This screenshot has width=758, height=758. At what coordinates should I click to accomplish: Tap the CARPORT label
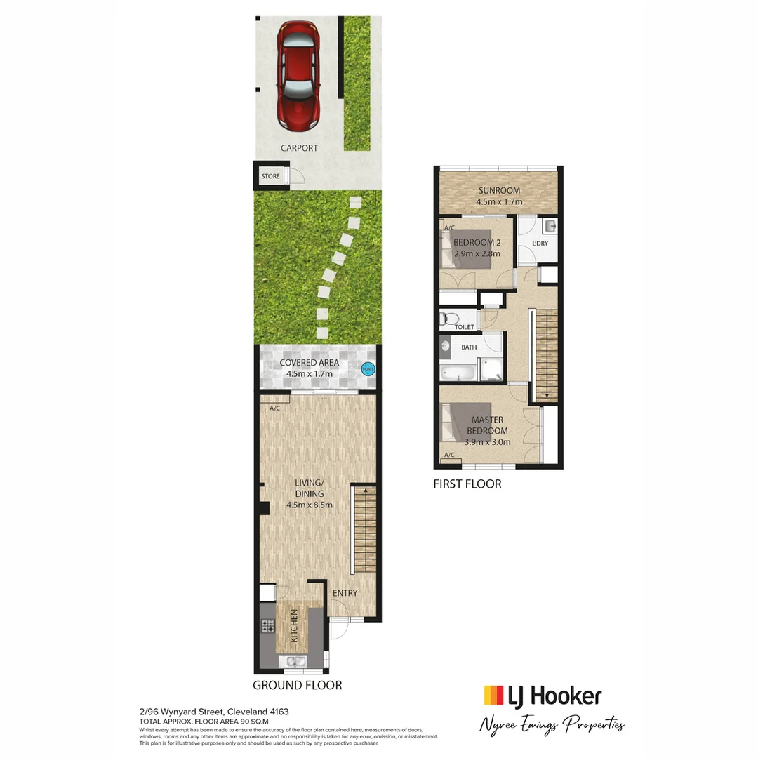pos(299,148)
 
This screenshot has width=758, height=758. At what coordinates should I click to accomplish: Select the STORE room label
pos(270,177)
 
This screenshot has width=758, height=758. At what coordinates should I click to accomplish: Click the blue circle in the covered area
pos(367,368)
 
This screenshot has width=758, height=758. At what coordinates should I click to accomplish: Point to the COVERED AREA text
pos(309,363)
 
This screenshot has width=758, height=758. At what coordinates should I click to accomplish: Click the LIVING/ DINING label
pos(309,488)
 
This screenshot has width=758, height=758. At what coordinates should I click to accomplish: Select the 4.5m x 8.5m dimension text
pos(309,505)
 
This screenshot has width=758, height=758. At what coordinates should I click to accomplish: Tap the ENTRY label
pos(345,593)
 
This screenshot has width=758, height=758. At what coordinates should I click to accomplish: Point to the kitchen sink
pos(291,660)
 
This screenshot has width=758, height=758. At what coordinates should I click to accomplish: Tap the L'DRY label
pos(540,243)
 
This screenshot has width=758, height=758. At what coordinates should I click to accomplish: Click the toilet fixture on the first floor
pos(449,319)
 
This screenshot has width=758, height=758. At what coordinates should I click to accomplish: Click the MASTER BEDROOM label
pos(487,425)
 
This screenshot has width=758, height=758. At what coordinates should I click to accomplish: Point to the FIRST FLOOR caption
pos(467,484)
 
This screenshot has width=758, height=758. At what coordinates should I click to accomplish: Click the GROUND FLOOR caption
pos(298,685)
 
